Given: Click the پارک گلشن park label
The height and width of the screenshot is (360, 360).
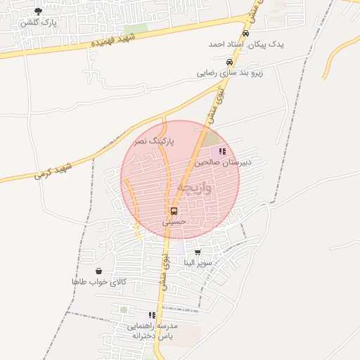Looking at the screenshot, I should click(x=39, y=22).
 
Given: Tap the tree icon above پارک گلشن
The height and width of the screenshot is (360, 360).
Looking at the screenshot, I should click(x=38, y=11).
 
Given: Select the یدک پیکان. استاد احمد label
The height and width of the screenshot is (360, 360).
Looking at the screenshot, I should click(x=246, y=44).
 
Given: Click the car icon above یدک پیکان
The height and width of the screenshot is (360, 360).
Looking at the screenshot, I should click(x=245, y=33).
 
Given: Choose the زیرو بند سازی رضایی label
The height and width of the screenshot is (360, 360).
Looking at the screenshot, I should click(x=230, y=72).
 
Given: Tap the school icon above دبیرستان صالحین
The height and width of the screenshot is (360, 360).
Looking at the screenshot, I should click(x=222, y=151).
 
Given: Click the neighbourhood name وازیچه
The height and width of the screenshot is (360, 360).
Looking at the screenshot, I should click(x=191, y=187).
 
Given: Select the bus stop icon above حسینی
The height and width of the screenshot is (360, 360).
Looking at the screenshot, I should click(x=173, y=211).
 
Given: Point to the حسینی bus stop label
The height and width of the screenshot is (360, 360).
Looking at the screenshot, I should click(x=173, y=221).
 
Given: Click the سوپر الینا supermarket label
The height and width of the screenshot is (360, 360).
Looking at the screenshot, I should click(x=198, y=262).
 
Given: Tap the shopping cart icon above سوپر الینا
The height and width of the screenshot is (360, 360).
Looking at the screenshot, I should click(x=198, y=252).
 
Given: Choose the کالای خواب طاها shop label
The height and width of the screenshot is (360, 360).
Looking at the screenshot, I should click(x=98, y=281).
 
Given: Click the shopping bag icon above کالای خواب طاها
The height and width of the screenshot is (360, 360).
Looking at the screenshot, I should click(x=98, y=271).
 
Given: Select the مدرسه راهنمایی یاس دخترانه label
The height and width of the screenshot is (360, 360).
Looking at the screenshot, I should click(x=153, y=331).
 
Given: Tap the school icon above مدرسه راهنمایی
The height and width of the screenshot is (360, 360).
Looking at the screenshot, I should click(x=152, y=316).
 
